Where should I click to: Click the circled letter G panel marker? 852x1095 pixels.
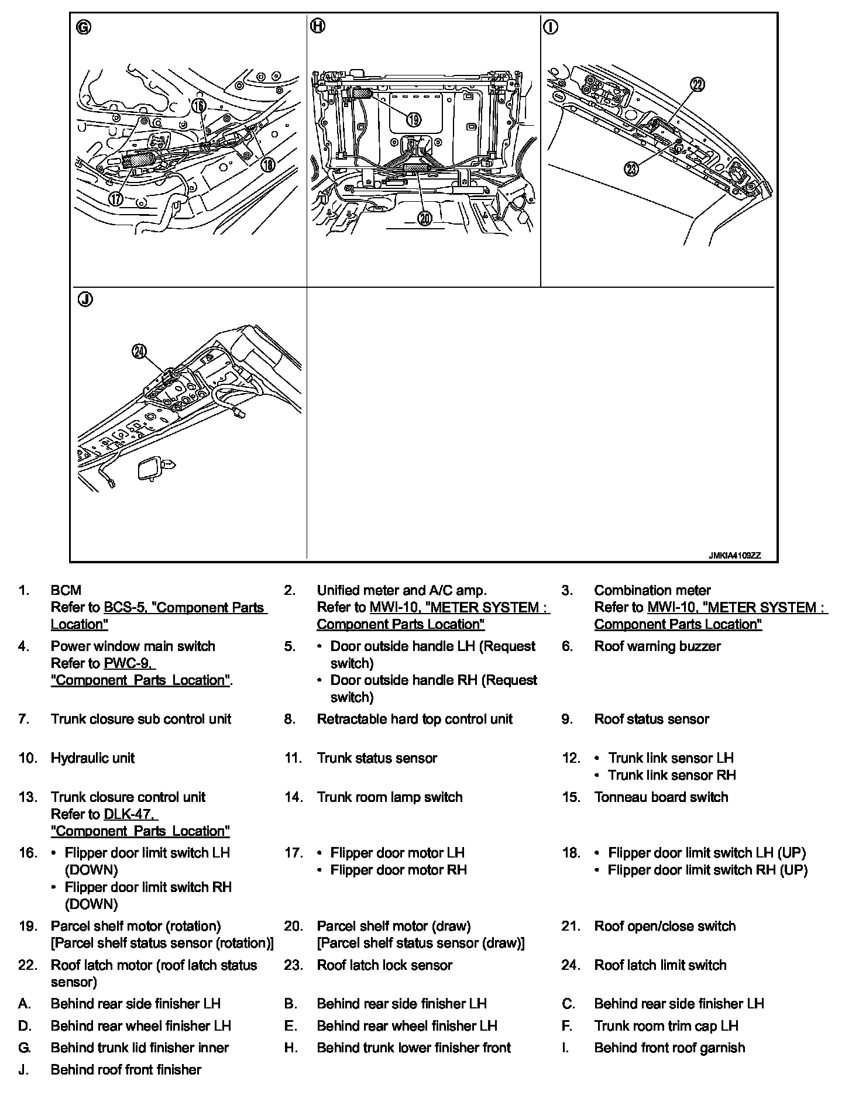[84, 27]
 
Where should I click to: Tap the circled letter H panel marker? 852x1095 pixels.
[317, 26]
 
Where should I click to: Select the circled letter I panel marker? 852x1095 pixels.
[551, 27]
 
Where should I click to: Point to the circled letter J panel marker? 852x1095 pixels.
[85, 300]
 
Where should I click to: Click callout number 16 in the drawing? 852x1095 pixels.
[199, 105]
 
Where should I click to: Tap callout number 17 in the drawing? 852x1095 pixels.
[116, 198]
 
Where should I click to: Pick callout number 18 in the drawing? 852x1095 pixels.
[267, 164]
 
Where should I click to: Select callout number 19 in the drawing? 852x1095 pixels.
[413, 119]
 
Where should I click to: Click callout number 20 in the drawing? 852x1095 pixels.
[424, 218]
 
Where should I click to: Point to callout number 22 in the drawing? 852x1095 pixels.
[697, 84]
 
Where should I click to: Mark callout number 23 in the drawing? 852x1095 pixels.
[631, 169]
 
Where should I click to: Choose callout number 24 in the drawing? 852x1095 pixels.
[139, 351]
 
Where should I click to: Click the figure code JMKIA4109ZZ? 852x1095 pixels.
[734, 556]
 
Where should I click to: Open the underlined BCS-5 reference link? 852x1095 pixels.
[125, 607]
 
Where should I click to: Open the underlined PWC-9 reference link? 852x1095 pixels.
[129, 663]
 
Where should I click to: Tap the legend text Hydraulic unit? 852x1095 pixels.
[92, 758]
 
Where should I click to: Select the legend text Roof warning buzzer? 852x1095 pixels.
[657, 646]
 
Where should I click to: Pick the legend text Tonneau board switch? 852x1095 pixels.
[661, 797]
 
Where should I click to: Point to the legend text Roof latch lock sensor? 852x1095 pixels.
[384, 965]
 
